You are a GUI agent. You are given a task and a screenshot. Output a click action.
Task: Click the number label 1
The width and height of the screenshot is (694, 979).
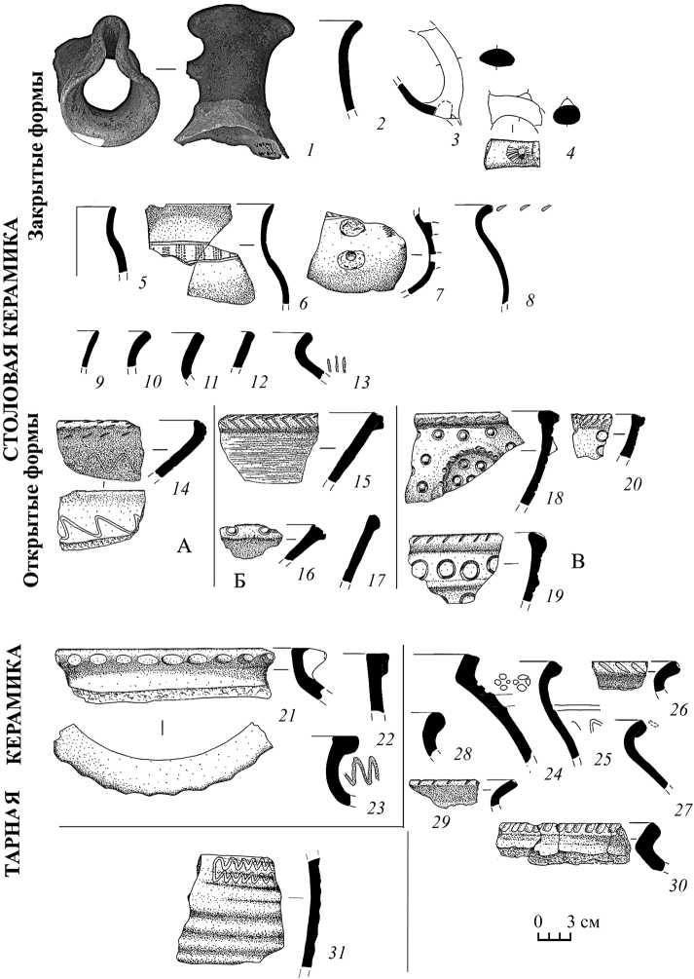(x=309, y=150)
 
